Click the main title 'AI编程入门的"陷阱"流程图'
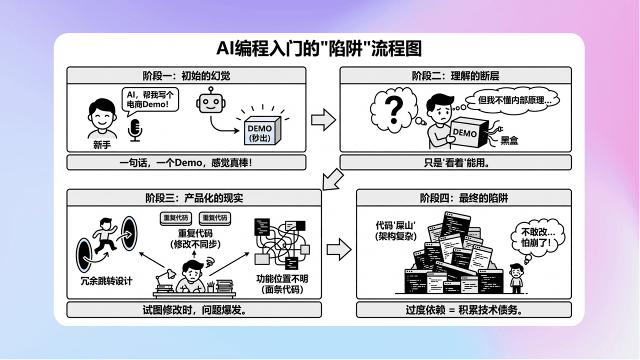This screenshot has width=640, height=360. pyautogui.click(x=319, y=49)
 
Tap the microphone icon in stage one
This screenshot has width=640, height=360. pyautogui.click(x=135, y=129)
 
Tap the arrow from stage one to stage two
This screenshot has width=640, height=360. pyautogui.click(x=323, y=120)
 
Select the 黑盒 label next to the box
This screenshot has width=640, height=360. pyautogui.click(x=509, y=140)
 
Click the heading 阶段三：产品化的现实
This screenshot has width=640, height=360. pyautogui.click(x=193, y=197)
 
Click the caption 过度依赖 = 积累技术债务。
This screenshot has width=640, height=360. pyautogui.click(x=463, y=309)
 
